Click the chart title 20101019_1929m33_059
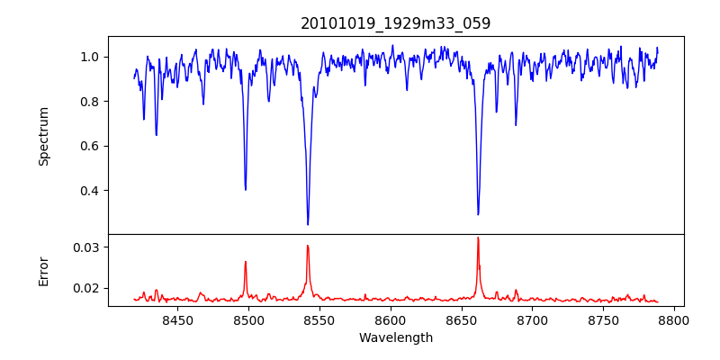396,23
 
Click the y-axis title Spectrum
43,136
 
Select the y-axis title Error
43,270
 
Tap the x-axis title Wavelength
396,338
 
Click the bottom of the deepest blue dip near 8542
308,224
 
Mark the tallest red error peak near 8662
478,238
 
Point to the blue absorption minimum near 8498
246,189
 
